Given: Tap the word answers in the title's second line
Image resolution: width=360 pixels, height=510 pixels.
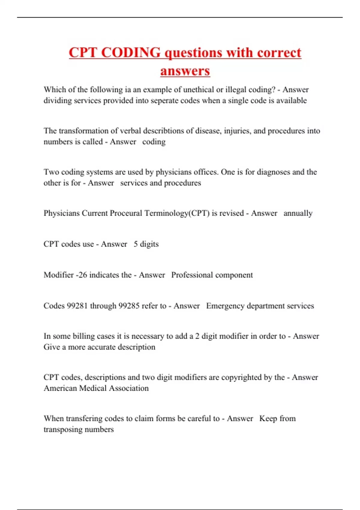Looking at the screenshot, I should [185, 71].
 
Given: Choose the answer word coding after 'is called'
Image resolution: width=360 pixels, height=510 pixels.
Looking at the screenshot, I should [154, 142].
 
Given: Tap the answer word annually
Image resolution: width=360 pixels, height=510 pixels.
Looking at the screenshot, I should [298, 213].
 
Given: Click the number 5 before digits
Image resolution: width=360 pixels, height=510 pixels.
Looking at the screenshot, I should [136, 244].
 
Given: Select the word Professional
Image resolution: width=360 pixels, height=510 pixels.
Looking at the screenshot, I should [192, 275].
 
